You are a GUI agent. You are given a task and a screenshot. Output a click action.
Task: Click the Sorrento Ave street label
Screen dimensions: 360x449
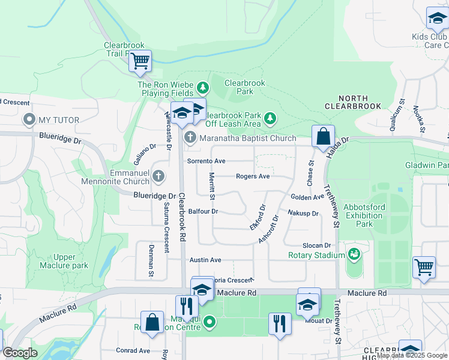tap(206, 161)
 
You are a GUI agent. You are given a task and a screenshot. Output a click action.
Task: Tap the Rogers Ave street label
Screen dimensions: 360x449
tap(253, 176)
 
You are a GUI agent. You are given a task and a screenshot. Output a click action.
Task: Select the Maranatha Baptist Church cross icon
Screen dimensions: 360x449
tap(190, 137)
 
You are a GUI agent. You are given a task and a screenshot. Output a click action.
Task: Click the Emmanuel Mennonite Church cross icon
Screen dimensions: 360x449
tap(158, 176)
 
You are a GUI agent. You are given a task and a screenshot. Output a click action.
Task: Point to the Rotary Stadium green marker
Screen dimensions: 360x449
tap(354, 255)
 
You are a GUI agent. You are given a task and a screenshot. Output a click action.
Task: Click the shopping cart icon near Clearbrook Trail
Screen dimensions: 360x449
tap(140, 60)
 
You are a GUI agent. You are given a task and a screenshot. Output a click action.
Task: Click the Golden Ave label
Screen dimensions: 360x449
tap(307, 197)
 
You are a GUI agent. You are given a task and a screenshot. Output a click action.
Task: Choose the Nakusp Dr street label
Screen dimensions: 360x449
tap(303, 213)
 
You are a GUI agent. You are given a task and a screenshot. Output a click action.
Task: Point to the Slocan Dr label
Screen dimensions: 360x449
tap(316, 245)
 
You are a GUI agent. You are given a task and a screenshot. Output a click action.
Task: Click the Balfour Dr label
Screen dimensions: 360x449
tap(202, 211)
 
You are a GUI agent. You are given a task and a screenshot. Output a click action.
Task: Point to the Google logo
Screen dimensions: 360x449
tap(20, 353)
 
